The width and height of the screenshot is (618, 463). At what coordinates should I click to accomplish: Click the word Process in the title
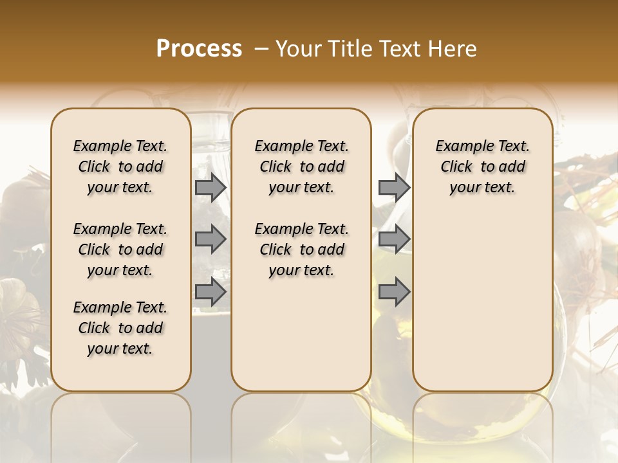pos(199,49)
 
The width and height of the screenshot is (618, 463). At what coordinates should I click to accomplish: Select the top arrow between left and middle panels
pos(211,187)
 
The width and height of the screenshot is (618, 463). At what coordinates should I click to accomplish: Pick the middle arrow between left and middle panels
pos(211,240)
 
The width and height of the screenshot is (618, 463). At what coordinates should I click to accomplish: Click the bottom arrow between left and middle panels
pos(211,292)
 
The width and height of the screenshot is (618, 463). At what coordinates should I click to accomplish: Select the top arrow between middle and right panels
pos(394,187)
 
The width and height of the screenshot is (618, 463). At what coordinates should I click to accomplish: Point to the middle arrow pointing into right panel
pos(394,240)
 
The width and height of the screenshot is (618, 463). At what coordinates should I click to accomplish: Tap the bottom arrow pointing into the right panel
pos(394,292)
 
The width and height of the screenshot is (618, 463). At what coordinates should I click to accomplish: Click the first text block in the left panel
pos(120,167)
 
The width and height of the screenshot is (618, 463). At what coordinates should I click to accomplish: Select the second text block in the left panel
pos(120,250)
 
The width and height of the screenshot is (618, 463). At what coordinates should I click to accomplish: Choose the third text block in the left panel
pos(120,328)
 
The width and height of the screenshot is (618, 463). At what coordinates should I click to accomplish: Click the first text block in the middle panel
pos(301,167)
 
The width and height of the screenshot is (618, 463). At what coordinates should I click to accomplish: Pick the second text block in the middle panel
pos(301,250)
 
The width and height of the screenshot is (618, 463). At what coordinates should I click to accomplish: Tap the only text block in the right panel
pos(482,167)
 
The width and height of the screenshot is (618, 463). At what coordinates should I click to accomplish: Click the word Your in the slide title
pos(299,49)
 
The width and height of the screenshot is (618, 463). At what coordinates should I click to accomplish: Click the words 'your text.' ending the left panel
pos(120,349)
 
